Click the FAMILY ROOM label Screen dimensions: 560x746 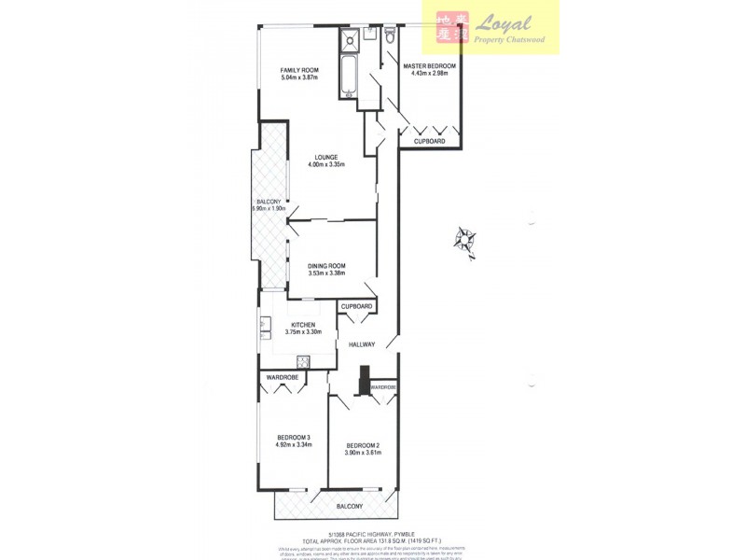point(299,70)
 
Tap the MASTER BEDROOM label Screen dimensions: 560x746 point(429,66)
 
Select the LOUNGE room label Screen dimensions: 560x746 point(325,157)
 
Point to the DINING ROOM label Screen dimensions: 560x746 point(326,266)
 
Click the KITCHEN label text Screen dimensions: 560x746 point(303,325)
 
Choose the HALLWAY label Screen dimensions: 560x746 point(362,344)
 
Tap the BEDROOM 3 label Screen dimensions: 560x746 point(294,438)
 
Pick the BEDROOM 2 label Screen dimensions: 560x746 point(363,445)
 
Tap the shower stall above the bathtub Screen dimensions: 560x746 point(349,39)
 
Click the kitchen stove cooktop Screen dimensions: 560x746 point(303,361)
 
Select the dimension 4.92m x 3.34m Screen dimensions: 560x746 point(294,445)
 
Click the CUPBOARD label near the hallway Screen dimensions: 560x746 point(357,306)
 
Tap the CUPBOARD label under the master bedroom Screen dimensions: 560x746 point(429,142)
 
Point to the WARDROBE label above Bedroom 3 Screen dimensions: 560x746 point(282,377)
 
